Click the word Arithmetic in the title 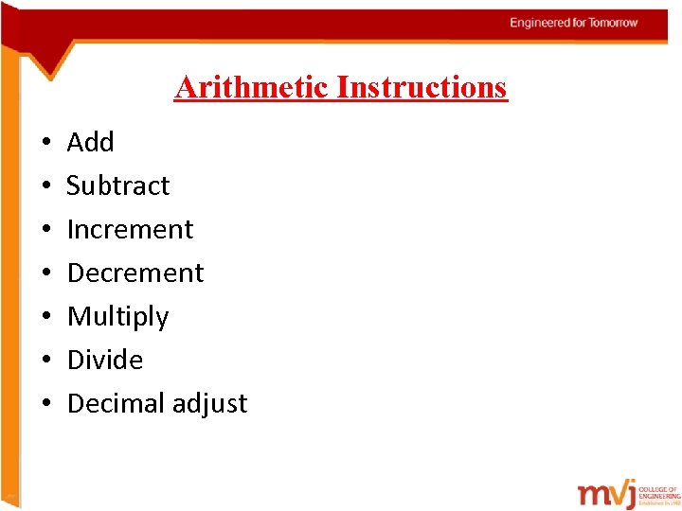[x=252, y=87]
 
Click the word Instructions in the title [x=422, y=87]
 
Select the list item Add [x=91, y=142]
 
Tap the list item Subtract [x=118, y=185]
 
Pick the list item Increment [x=131, y=229]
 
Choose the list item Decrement [x=135, y=273]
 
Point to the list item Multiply [x=118, y=316]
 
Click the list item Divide [x=105, y=360]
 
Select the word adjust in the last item [x=209, y=404]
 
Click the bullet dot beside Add [x=45, y=143]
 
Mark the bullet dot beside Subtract [x=45, y=186]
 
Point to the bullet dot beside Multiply [x=45, y=317]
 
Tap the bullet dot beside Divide [x=45, y=361]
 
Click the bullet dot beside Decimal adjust [x=45, y=404]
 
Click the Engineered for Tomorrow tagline [x=574, y=23]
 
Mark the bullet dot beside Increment [x=45, y=230]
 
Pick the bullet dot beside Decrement [x=45, y=273]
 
